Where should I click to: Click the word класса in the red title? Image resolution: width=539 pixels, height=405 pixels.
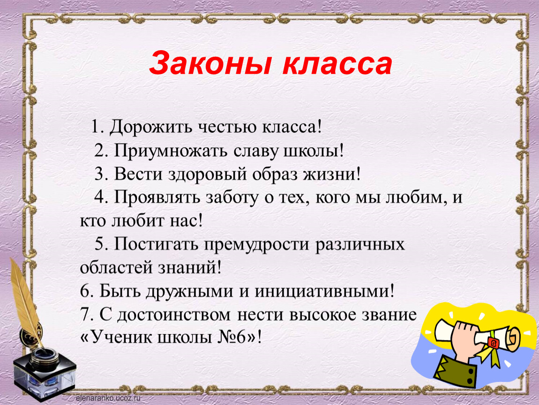click(337, 64)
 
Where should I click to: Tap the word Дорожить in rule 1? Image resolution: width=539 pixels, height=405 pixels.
click(150, 127)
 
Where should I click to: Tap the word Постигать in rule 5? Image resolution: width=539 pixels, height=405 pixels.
click(157, 244)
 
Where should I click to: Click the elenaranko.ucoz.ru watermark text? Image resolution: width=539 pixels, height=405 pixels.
click(108, 398)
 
